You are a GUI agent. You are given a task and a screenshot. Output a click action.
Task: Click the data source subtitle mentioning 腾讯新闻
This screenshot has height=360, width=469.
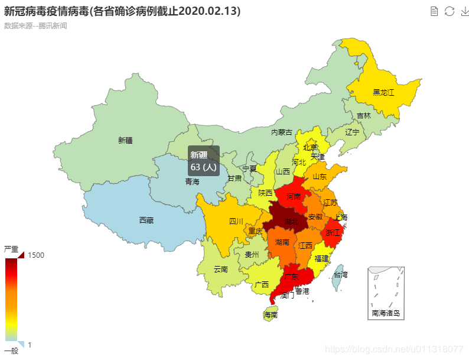coord(35,25)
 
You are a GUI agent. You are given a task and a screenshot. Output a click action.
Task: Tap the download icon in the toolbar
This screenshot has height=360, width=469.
coord(464,11)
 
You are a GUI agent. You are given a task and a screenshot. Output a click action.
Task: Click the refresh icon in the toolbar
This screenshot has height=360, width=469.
coord(450,11)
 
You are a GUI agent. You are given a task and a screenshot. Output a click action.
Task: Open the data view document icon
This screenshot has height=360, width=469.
coord(435,11)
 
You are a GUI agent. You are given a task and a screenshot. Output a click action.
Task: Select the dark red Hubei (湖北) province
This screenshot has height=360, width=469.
coord(286,221)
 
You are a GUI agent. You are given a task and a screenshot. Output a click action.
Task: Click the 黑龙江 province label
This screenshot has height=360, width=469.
coord(383,93)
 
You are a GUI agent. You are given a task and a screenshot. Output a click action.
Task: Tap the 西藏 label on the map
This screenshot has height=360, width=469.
coord(146,220)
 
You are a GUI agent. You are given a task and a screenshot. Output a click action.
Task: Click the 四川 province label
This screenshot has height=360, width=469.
coord(236,222)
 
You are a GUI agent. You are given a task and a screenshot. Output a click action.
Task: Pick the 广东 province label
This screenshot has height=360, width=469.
coord(291,276)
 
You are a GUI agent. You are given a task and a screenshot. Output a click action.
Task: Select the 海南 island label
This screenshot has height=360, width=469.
coord(271,316)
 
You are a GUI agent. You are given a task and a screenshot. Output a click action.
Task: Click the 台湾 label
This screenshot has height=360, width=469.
coord(340,275)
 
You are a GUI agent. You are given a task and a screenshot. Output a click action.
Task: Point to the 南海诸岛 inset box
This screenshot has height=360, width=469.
coord(386,293)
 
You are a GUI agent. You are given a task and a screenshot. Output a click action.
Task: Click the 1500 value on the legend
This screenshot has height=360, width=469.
coord(37,255)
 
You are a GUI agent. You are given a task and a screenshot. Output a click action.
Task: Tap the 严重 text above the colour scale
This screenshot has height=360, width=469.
coord(11,249)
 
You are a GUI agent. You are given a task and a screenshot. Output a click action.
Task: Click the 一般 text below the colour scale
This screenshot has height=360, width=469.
coord(11,351)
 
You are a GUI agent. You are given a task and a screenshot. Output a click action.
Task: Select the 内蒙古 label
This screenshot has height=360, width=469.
coord(282,132)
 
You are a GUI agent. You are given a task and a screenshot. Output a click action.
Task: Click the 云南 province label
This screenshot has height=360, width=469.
coord(220,270)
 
